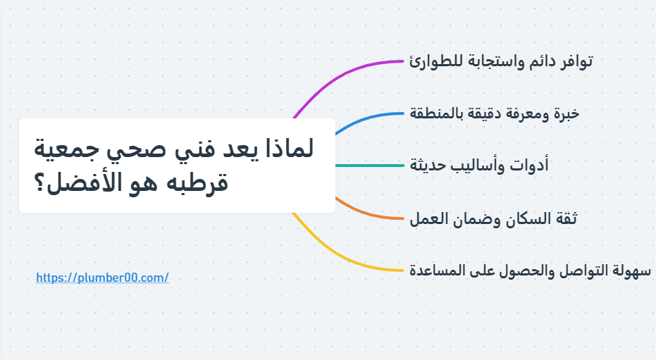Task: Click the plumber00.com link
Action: tap(102, 278)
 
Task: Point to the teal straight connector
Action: tap(369, 166)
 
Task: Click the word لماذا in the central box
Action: tap(290, 149)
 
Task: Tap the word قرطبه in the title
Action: tap(197, 182)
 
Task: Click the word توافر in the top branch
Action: tap(577, 61)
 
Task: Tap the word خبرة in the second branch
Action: tap(567, 114)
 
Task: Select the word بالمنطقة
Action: tap(432, 113)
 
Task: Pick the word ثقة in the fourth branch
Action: tap(567, 218)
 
